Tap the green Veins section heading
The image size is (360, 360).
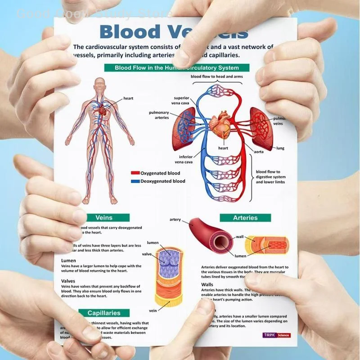point(104,218)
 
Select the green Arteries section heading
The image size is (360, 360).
point(245,218)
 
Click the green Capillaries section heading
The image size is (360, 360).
point(104,313)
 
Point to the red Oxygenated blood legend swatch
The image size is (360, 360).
point(135,173)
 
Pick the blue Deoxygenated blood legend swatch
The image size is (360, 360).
point(135,181)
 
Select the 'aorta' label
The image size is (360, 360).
point(246,152)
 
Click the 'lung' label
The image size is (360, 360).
point(280,148)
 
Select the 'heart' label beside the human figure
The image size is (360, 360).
point(128,98)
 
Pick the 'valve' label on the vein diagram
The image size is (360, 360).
point(147,254)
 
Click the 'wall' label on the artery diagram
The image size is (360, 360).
point(239,237)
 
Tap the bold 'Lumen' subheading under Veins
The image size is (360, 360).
point(68,261)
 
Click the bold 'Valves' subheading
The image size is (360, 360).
point(69,281)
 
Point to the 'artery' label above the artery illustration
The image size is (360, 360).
point(175,220)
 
